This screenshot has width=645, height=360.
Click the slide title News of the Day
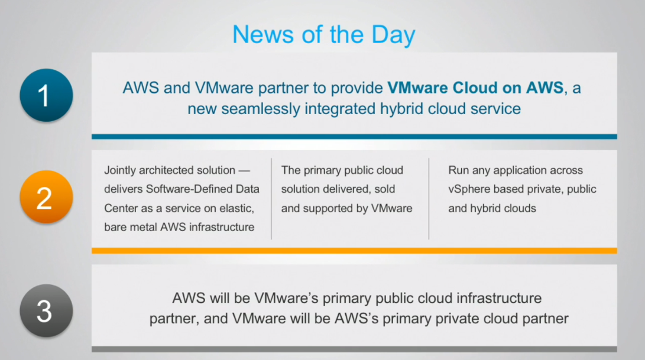tap(324, 34)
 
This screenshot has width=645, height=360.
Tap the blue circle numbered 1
tap(46, 95)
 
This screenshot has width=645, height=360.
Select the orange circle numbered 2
tap(46, 197)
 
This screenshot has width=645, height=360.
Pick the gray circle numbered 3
tap(46, 310)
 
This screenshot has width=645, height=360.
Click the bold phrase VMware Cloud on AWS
tap(475, 87)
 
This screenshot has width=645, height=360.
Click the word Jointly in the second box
tap(119, 170)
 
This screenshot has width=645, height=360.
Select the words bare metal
tap(131, 227)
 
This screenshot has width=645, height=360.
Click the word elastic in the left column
tap(236, 208)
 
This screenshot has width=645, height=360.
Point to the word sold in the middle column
tap(385, 189)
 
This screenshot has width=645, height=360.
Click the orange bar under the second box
tap(354, 251)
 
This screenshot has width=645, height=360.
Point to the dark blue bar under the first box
tap(354, 137)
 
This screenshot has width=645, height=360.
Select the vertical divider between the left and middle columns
tap(271, 199)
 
